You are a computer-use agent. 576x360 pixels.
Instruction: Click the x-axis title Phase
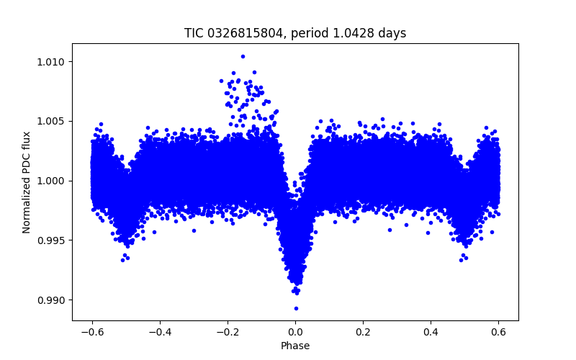(295, 346)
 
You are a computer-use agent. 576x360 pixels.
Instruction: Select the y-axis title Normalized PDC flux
(27, 181)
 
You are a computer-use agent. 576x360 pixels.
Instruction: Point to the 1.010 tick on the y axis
(53, 62)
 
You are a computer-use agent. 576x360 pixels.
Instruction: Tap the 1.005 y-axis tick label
(53, 121)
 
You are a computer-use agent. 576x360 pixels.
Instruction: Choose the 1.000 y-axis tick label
(53, 181)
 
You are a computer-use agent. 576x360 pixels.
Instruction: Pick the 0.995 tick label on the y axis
(53, 240)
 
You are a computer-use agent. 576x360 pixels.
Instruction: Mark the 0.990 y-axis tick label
(53, 300)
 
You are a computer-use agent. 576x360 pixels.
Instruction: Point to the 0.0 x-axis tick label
(295, 333)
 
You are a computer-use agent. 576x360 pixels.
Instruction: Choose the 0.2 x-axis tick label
(363, 333)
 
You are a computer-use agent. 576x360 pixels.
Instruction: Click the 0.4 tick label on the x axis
(431, 333)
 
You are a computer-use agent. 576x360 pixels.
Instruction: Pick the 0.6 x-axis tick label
(499, 333)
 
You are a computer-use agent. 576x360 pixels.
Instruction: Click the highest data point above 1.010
(243, 56)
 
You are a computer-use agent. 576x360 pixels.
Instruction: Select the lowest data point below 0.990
(296, 308)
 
